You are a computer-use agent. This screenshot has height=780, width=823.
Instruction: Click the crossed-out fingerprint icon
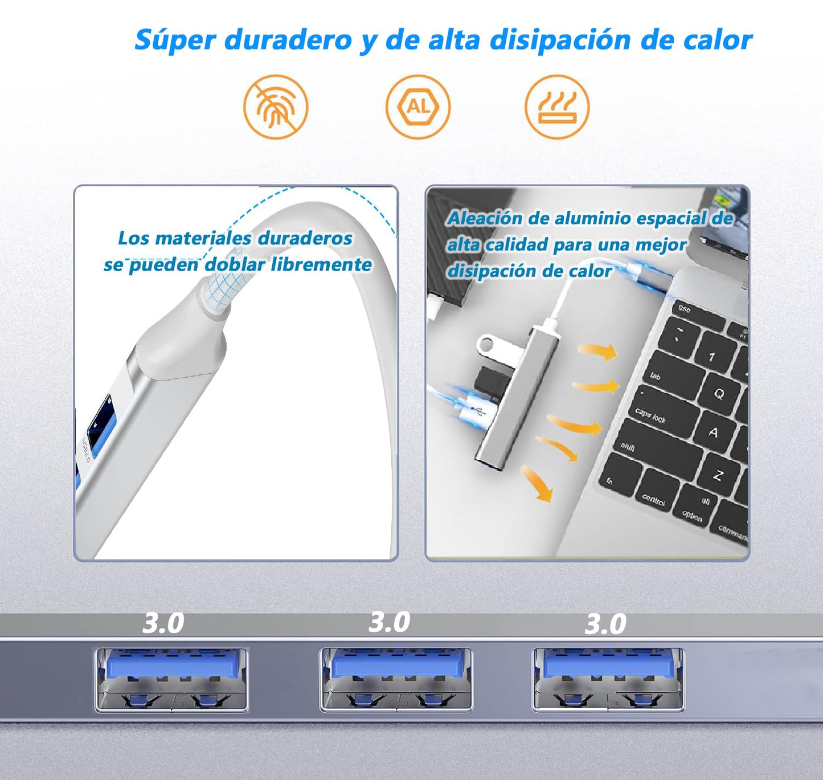[276, 107]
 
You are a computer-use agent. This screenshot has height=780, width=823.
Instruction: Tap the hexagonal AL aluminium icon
[418, 107]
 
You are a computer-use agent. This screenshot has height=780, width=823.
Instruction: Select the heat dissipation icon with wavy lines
[557, 107]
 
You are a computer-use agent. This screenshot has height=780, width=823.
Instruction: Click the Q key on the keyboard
[718, 394]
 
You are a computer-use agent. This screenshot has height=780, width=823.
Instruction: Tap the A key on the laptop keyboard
[713, 432]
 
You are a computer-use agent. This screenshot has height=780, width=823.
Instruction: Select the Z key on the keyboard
[717, 475]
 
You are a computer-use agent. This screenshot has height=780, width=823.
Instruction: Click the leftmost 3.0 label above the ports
[163, 623]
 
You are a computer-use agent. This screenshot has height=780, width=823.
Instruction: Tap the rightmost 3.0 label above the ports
[605, 624]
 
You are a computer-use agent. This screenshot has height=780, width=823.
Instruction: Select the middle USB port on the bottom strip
[396, 679]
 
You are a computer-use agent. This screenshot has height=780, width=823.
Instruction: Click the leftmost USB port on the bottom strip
[171, 679]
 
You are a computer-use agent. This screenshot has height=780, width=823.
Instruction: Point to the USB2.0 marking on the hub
[86, 450]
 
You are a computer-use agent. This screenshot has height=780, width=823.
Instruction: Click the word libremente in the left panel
[321, 265]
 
